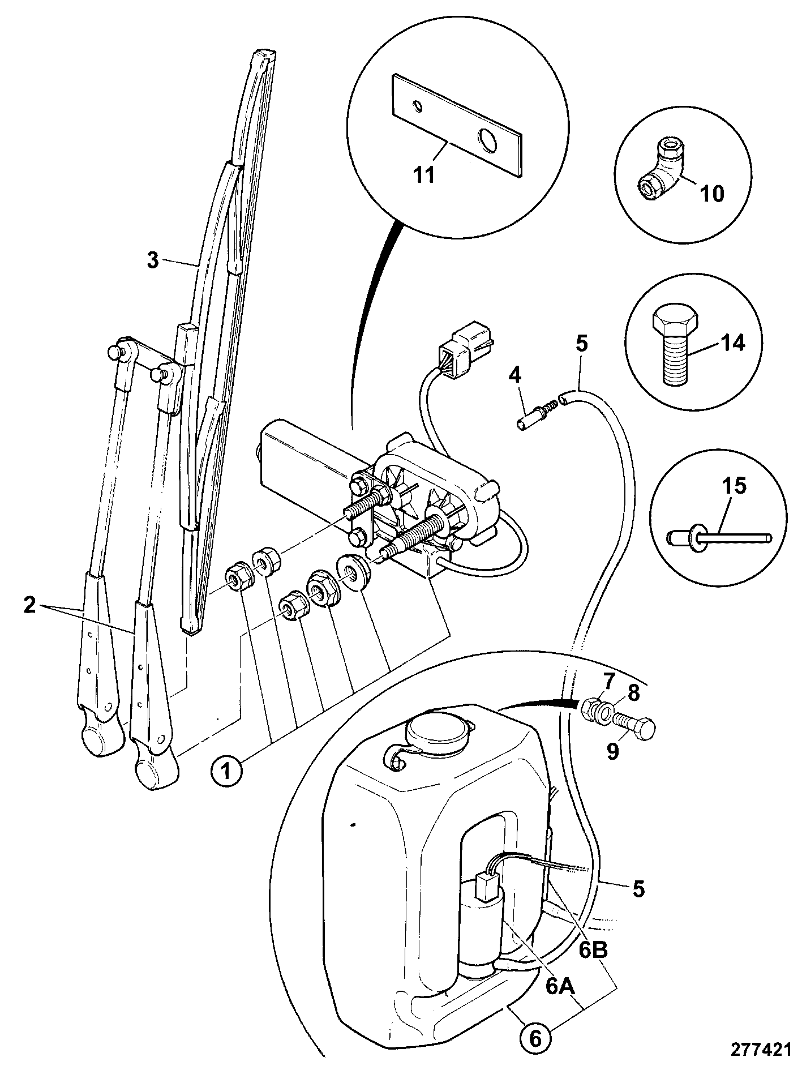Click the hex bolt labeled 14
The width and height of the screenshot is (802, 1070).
tap(673, 346)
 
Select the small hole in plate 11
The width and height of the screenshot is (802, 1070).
tap(417, 105)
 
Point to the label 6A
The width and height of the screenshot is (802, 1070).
tap(560, 986)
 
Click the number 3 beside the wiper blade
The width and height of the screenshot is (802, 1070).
tap(152, 261)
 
